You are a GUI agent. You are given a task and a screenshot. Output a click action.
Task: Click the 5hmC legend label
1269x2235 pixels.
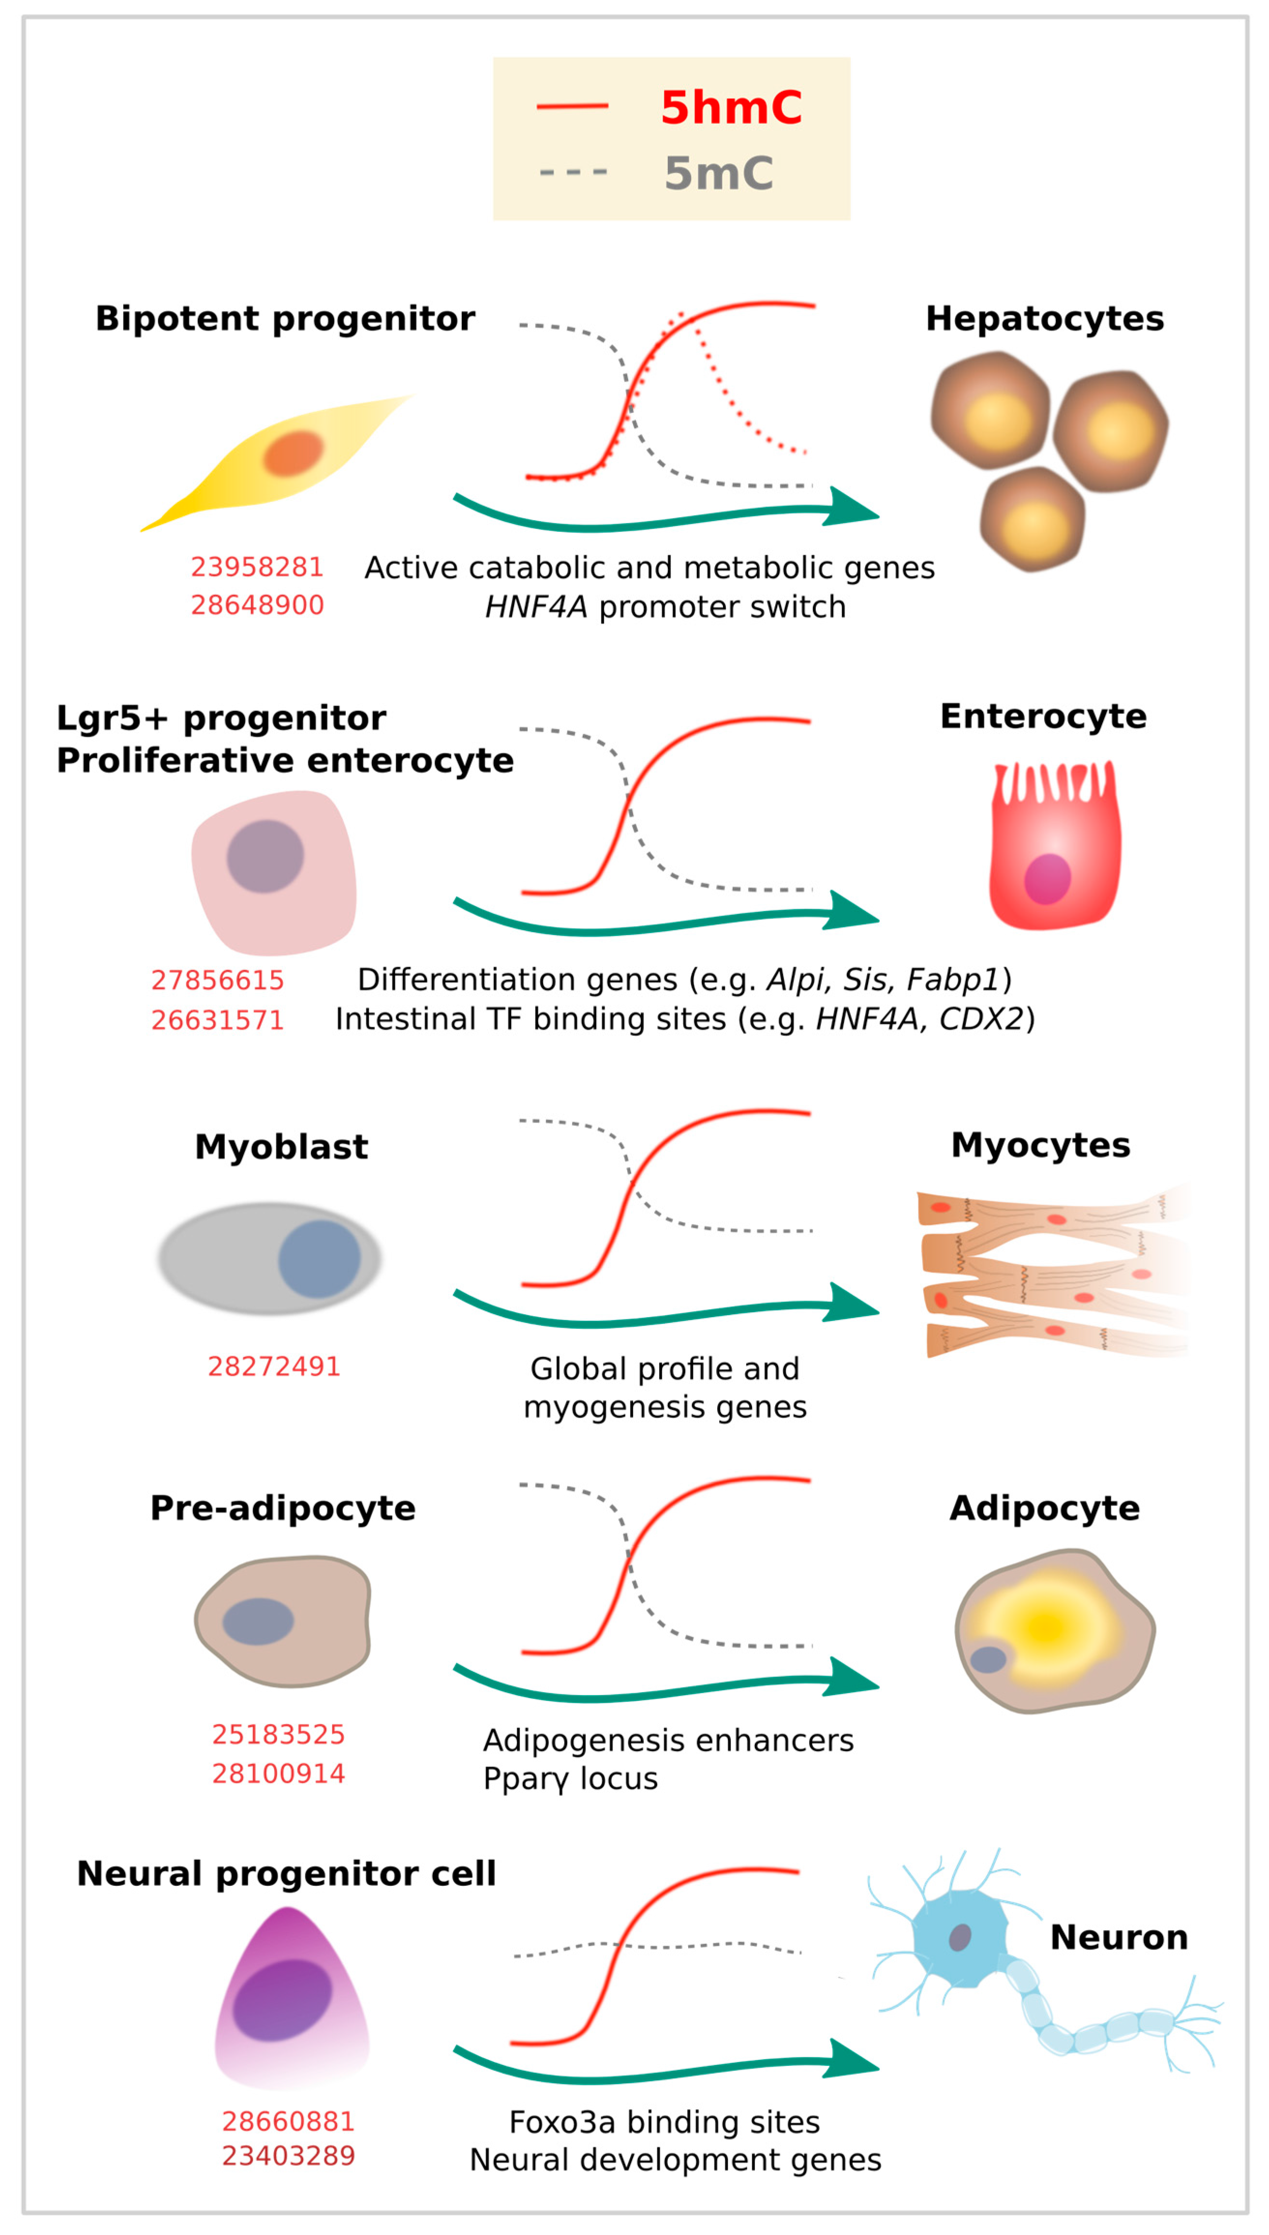coord(730,107)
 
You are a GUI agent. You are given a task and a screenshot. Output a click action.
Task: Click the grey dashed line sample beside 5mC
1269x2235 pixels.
coord(573,172)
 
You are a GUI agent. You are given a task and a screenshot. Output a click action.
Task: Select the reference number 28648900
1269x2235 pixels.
coord(257,605)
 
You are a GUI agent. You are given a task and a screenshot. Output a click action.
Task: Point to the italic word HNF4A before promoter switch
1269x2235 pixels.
coord(535,607)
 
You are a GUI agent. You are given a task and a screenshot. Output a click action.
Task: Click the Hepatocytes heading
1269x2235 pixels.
coord(1044,319)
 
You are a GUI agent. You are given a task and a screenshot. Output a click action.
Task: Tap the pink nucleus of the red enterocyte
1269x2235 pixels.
coord(1047,879)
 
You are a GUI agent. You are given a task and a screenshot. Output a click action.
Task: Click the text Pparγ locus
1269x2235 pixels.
coord(570,1778)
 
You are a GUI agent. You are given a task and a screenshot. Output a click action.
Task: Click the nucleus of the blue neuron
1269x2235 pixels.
coord(959,1937)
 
